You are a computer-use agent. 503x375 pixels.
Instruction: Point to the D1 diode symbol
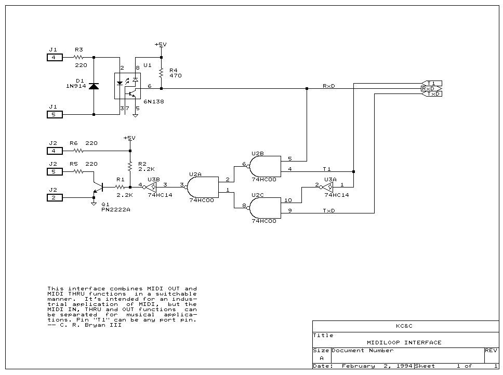coord(94,86)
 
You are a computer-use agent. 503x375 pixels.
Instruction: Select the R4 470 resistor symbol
coord(161,73)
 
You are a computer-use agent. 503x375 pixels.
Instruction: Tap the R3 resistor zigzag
coord(79,57)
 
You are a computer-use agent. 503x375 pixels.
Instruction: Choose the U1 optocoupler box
coord(127,86)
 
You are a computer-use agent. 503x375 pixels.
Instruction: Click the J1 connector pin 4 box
coord(55,57)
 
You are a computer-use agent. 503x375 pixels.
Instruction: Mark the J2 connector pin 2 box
coord(55,197)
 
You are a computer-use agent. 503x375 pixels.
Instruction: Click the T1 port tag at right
coord(431,83)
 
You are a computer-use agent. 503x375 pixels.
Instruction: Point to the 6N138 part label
coord(153,102)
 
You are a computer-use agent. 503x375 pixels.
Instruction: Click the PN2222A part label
coord(115,210)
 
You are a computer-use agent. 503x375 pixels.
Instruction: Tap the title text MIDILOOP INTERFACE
coord(404,342)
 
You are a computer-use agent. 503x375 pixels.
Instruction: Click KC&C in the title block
coord(404,327)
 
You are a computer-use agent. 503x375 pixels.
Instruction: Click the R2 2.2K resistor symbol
coord(130,166)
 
